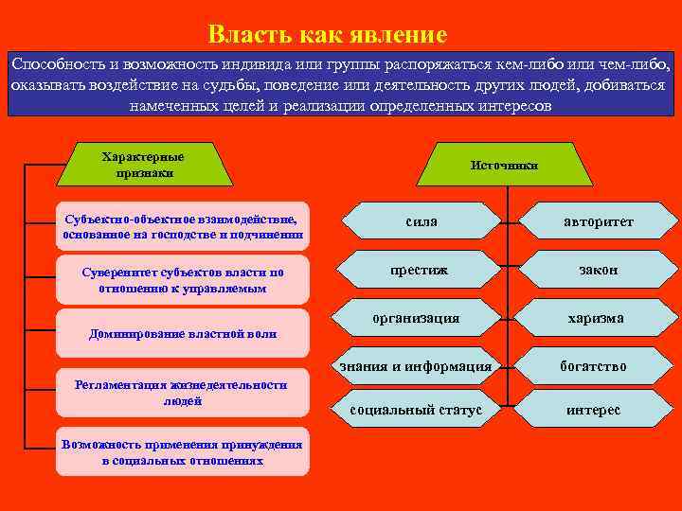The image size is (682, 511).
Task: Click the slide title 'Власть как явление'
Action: point(327,36)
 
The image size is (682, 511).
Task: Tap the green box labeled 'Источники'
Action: point(504,166)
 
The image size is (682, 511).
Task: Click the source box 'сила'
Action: point(421,220)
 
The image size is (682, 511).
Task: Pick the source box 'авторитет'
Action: point(598,220)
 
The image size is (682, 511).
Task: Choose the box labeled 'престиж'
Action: point(420,270)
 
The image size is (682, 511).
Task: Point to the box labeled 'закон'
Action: point(598,270)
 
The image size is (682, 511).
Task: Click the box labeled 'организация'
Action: point(416,319)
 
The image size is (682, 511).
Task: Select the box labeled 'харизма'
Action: point(595,319)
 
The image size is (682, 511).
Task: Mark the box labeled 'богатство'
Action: point(593,366)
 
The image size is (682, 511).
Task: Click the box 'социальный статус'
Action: point(416,410)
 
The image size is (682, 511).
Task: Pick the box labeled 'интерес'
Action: point(593,410)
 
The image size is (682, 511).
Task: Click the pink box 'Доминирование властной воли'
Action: point(183,334)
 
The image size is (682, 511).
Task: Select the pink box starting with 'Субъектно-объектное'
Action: point(183,225)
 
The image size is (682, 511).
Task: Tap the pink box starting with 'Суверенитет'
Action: point(183,279)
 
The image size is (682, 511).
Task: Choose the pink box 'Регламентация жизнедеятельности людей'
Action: point(183,393)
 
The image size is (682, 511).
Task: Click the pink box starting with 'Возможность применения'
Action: point(183,452)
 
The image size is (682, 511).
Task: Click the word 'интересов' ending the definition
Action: point(505,105)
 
